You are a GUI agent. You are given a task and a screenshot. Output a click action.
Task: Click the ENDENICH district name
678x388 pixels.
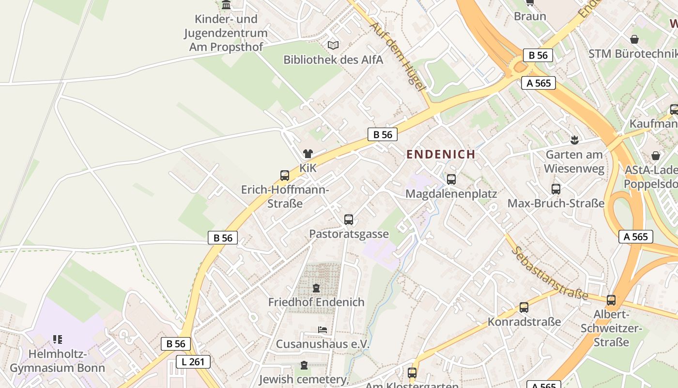(441, 154)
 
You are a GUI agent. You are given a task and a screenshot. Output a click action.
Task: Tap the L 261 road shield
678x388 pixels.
(193, 361)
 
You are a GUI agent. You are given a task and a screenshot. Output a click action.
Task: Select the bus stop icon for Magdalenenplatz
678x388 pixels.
(451, 179)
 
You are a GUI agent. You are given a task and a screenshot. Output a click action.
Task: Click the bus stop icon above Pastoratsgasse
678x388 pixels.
(349, 219)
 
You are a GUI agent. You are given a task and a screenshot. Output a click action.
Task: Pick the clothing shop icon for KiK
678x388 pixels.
(308, 154)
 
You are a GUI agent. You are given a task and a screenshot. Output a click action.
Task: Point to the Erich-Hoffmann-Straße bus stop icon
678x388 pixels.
(285, 175)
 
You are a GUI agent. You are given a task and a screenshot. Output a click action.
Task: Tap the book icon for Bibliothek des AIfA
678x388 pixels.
(333, 45)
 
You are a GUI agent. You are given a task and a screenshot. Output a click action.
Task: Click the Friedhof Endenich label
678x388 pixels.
(316, 302)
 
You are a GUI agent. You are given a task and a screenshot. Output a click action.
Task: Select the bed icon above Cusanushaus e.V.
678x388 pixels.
(323, 330)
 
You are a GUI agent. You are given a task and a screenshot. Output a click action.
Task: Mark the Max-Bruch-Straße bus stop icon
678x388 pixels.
(556, 189)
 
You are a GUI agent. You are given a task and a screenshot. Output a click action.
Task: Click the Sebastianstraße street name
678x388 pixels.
(550, 273)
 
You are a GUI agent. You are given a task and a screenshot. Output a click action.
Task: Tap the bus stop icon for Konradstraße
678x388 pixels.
(524, 307)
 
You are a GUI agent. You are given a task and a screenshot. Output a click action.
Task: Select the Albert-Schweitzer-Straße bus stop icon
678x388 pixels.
(611, 300)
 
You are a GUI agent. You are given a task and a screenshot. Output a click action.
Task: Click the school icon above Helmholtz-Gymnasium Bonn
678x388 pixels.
(58, 339)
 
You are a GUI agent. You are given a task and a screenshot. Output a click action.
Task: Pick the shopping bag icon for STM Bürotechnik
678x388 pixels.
(634, 39)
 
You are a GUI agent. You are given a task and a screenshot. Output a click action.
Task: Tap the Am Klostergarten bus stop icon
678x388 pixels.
(412, 373)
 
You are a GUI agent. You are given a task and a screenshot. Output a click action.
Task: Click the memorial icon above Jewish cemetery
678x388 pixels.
(304, 365)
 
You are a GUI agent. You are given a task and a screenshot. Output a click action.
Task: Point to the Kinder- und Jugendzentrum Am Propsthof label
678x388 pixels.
(226, 33)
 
